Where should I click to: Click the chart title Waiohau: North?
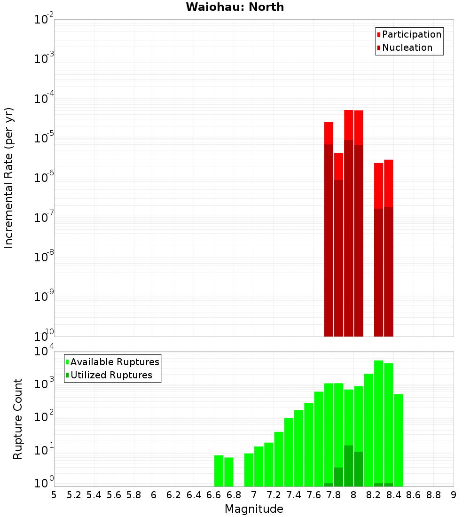click(235, 7)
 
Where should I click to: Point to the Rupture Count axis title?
click(18, 418)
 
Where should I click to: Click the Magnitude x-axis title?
click(254, 509)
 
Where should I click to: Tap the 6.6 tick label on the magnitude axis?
click(214, 495)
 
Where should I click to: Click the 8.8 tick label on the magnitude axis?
click(434, 495)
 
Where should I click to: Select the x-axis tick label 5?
click(54, 495)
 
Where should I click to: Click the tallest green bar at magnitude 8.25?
click(378, 423)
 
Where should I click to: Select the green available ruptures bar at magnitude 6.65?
click(219, 470)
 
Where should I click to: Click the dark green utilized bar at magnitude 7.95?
click(348, 465)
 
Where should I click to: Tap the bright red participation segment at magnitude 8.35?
click(388, 183)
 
